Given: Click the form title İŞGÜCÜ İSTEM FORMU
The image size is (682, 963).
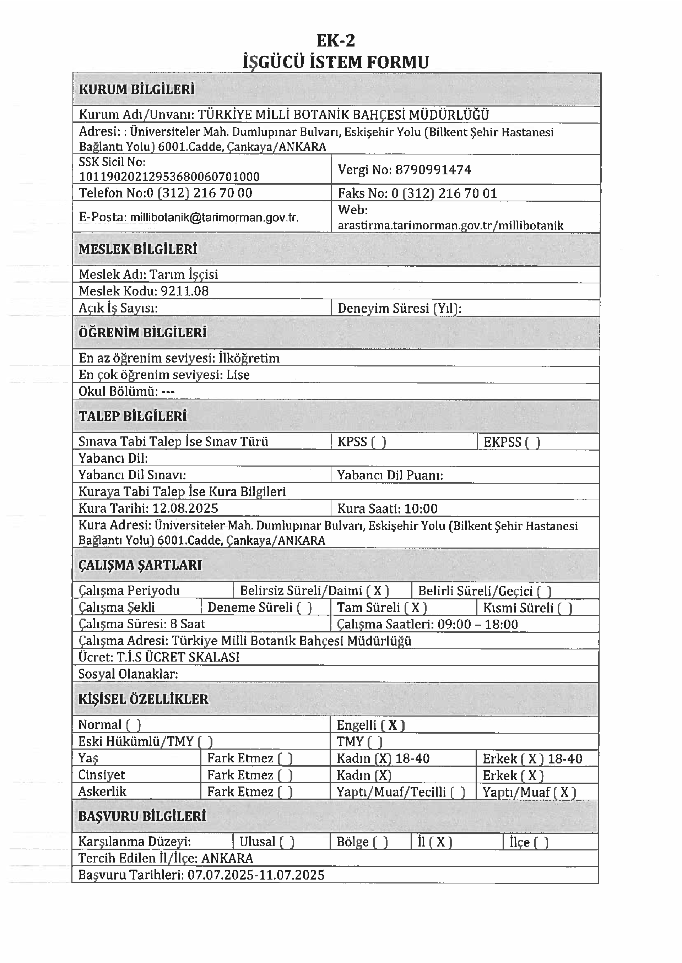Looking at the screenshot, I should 336,62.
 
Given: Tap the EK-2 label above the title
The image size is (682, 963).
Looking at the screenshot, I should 336,41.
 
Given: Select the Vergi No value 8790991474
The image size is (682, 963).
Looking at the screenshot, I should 433,170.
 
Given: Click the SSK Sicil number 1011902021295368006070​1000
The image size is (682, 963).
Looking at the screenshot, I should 169,176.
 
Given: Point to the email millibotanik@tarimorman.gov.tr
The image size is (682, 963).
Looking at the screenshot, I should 214,217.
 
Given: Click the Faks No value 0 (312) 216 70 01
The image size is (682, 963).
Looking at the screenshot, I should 444,194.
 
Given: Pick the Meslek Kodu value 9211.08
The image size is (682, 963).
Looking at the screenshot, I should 185,291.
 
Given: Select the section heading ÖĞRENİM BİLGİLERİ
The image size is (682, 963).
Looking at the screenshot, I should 143,333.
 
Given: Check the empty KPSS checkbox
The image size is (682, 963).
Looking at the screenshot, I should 378,442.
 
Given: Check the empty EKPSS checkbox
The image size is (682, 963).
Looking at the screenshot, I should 532,442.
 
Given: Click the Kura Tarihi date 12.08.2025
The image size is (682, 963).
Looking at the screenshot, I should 185,509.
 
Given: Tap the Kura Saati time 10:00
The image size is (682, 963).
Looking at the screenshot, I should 421,509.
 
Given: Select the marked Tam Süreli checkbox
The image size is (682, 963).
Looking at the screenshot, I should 415,608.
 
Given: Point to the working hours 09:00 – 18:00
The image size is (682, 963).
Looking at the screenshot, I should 477,625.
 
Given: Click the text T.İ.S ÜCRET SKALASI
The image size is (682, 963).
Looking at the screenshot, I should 178,657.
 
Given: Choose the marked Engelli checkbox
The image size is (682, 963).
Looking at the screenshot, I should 393,725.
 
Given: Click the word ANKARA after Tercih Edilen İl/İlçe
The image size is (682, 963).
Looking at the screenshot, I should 227,859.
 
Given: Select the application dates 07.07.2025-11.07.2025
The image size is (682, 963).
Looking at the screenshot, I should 256,875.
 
